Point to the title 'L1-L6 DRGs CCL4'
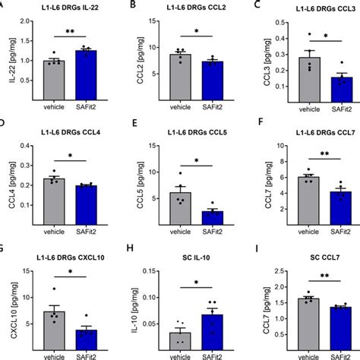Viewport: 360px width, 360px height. click(x=52, y=128)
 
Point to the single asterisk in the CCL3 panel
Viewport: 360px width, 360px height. click(x=326, y=36)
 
